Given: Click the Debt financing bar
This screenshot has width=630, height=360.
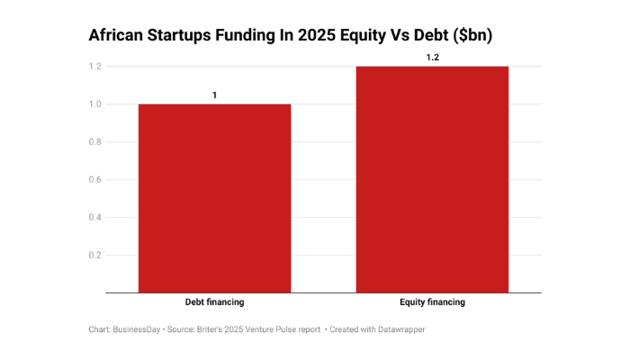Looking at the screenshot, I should click(x=214, y=198).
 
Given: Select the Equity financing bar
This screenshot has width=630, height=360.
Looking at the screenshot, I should click(x=433, y=179).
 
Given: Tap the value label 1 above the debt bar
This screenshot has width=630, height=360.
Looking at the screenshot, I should click(x=214, y=94).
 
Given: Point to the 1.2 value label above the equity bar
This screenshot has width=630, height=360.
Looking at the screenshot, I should click(x=433, y=57).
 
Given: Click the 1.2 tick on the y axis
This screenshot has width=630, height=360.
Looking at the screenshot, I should click(x=94, y=67).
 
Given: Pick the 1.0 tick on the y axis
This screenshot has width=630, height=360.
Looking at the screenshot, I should click(x=94, y=104).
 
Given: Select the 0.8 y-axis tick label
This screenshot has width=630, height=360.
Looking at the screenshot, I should click(x=94, y=142).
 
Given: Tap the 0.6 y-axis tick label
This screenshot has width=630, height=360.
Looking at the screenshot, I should click(x=94, y=180).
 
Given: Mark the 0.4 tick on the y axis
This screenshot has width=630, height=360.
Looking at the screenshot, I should click(x=94, y=218).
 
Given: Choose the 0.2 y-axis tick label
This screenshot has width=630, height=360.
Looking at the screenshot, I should click(x=94, y=256).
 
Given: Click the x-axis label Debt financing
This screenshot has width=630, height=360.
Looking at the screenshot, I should click(x=214, y=302).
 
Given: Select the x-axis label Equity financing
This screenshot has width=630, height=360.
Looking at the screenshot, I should click(x=433, y=302).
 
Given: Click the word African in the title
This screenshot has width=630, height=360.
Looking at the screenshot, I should click(x=119, y=36).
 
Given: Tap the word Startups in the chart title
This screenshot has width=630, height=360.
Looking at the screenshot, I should click(x=191, y=36).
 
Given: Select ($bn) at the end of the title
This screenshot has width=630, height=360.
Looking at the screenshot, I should click(x=477, y=36).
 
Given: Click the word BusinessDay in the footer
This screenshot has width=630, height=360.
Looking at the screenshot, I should click(x=138, y=329).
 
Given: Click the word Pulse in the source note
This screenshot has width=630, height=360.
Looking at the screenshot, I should click(x=288, y=329).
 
